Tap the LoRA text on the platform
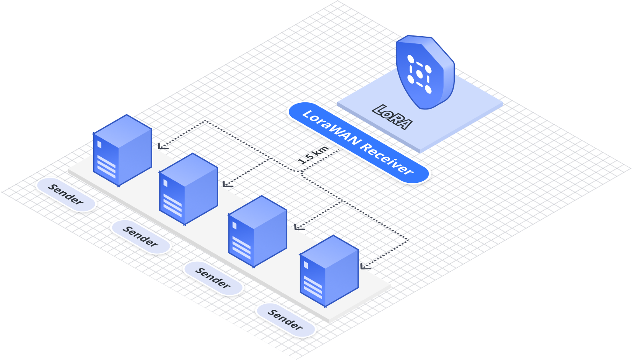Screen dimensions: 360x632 392,117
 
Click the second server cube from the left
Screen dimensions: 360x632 188,189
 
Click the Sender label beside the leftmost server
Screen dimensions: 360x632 66,194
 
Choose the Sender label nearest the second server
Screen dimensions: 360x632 141,237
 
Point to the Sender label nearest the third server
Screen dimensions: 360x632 213,278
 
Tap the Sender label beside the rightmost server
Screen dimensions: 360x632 286,320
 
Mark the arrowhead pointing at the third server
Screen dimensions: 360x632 299,227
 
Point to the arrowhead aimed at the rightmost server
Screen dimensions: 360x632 365,266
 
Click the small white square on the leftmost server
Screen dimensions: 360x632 99,144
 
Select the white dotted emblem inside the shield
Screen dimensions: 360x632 419,74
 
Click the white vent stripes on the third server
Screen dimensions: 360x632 241,248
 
